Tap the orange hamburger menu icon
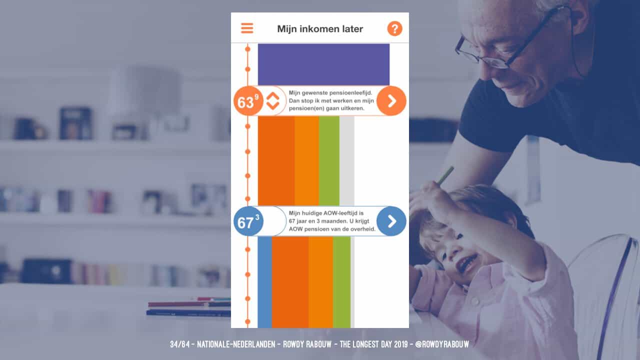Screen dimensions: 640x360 [x=247, y=28]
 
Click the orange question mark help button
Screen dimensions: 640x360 [x=395, y=28]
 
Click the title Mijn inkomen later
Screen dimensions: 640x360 [x=320, y=29]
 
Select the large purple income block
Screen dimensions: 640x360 [x=323, y=64]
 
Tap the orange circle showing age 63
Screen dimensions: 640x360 [x=248, y=101]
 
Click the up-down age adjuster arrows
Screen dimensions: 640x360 [x=272, y=101]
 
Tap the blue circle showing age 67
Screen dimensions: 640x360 [x=248, y=221]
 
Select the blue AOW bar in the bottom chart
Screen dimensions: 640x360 [x=265, y=282]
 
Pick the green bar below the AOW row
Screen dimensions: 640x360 [x=341, y=282]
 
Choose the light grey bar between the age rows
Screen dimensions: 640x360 [x=347, y=160]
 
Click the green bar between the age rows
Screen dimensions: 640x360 [x=329, y=160]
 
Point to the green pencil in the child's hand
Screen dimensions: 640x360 [x=445, y=175]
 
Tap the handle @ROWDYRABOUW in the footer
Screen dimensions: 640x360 [x=442, y=344]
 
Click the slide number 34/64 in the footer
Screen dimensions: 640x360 [x=179, y=344]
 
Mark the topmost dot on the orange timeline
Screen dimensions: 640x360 [x=247, y=49]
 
